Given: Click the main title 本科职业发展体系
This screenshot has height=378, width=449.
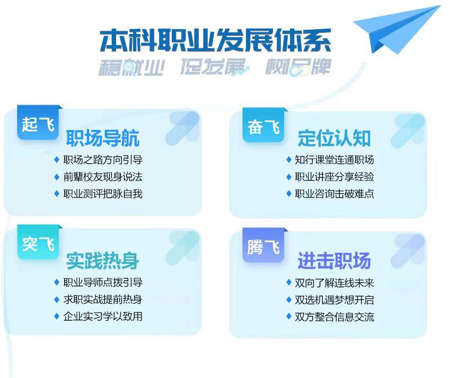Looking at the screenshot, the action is tap(215, 40).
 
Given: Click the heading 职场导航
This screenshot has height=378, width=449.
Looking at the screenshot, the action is tap(102, 138).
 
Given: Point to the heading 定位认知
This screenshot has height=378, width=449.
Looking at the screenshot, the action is tap(334, 138).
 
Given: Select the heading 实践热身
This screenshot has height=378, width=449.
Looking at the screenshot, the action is tap(102, 261).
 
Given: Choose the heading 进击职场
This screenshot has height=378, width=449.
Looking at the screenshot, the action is tap(334, 261).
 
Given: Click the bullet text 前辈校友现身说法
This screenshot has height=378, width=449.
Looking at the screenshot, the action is tap(103, 177).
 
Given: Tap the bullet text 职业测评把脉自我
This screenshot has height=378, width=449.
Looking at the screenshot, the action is tap(103, 194).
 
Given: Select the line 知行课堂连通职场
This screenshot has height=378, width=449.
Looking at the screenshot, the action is tap(334, 160).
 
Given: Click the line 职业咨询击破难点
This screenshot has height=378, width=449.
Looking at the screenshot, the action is tap(334, 194).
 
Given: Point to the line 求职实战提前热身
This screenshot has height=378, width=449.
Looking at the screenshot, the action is tap(103, 299).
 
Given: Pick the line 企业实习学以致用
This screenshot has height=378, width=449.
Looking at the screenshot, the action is tap(103, 316).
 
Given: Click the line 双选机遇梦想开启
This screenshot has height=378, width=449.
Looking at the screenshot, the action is tap(334, 300).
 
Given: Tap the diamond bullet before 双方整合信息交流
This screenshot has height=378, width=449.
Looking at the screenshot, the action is tap(288, 316).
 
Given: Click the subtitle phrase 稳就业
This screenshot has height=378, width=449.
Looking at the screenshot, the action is tap(131, 67).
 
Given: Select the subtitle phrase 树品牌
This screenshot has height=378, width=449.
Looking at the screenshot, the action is tap(298, 67).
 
